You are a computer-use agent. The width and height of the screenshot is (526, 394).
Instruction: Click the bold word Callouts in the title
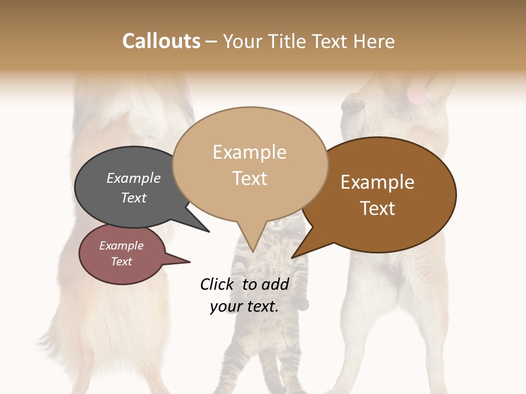(x=161, y=41)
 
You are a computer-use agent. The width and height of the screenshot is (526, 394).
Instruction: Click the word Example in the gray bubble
(x=133, y=178)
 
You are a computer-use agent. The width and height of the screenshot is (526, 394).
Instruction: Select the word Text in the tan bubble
(x=250, y=178)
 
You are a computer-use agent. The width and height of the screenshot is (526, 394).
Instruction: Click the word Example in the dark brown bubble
(x=378, y=182)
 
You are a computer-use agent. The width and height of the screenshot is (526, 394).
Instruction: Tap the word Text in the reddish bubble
(x=122, y=262)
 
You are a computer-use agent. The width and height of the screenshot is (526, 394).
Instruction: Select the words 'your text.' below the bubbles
(x=244, y=306)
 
